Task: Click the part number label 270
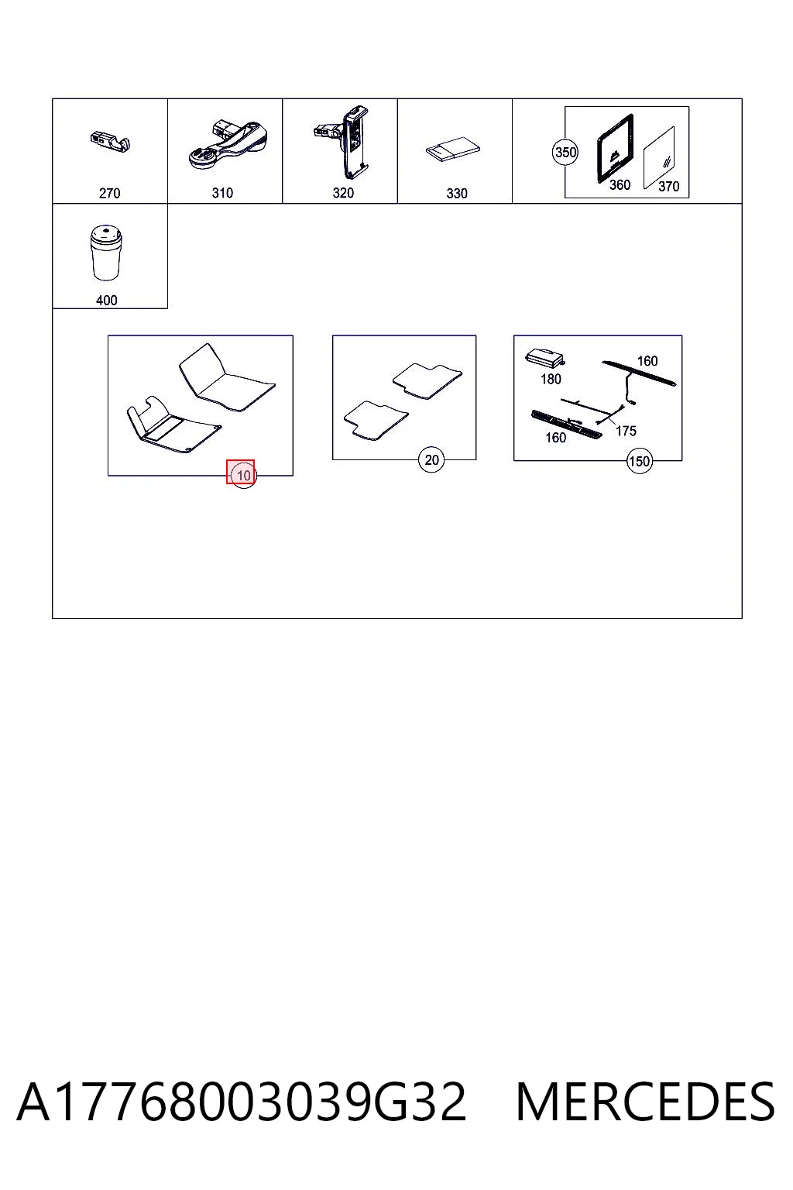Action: [x=109, y=194]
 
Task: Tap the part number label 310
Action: [x=222, y=193]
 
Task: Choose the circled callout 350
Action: [x=565, y=153]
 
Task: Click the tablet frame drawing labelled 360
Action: [x=616, y=148]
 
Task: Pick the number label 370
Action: [x=669, y=187]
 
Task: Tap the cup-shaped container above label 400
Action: [x=106, y=253]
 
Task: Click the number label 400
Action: [x=106, y=300]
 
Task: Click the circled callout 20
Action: [x=431, y=459]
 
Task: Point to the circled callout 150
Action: [x=639, y=461]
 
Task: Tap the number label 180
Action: [x=551, y=380]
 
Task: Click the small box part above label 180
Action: [x=544, y=359]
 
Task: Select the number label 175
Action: [x=626, y=431]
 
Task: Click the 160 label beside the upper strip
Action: [x=647, y=361]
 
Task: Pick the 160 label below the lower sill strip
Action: [x=555, y=438]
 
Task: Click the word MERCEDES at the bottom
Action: [x=645, y=1102]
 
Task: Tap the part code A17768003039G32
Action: [x=242, y=1102]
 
